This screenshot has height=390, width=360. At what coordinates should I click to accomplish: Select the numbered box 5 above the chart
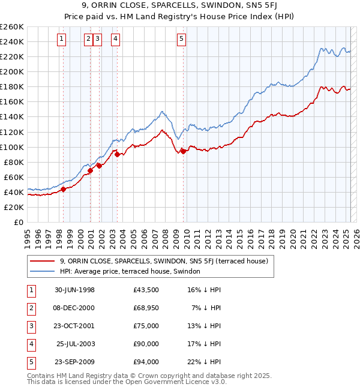pyautogui.click(x=181, y=40)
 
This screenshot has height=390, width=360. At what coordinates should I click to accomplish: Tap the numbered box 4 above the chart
pyautogui.click(x=115, y=40)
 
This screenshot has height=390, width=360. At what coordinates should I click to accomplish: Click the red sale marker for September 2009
pyautogui.click(x=182, y=151)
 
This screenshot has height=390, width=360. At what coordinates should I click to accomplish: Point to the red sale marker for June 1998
pyautogui.click(x=63, y=190)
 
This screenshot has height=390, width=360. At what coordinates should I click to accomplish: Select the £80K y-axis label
pyautogui.click(x=14, y=162)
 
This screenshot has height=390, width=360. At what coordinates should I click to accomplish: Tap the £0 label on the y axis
pyautogui.click(x=18, y=222)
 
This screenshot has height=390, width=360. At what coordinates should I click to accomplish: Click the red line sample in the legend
pyautogui.click(x=42, y=261)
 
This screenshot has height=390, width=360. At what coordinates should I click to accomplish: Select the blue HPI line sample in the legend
pyautogui.click(x=42, y=271)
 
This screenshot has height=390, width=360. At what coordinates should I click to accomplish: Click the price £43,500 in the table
pyautogui.click(x=146, y=290)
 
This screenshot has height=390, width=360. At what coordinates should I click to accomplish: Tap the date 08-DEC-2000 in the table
pyautogui.click(x=74, y=308)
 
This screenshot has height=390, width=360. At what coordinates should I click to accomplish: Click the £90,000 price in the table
pyautogui.click(x=146, y=344)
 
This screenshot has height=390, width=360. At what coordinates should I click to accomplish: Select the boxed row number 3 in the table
pyautogui.click(x=30, y=326)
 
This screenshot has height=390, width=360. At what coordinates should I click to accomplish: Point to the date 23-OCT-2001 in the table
pyautogui.click(x=74, y=326)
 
